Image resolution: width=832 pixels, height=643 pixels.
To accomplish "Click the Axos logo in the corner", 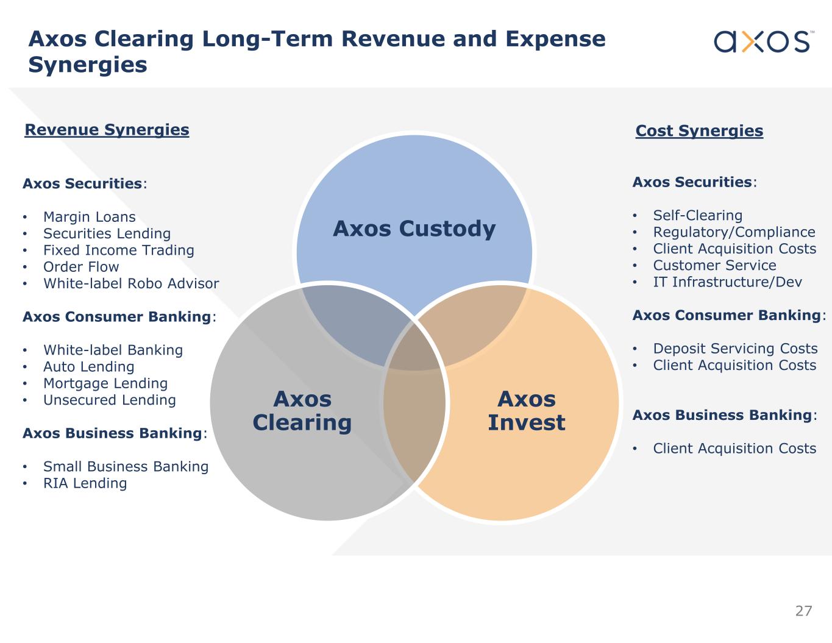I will pyautogui.click(x=762, y=41).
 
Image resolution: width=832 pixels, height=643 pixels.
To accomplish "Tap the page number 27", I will pyautogui.click(x=803, y=611).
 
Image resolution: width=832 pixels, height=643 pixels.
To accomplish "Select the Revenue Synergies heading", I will pyautogui.click(x=107, y=130).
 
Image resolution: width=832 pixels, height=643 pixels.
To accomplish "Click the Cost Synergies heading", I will pyautogui.click(x=699, y=131).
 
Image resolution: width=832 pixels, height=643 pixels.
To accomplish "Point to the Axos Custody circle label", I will pyautogui.click(x=414, y=229).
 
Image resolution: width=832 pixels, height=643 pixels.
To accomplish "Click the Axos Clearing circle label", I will pyautogui.click(x=302, y=410).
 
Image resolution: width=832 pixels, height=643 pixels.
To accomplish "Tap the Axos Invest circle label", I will pyautogui.click(x=526, y=410).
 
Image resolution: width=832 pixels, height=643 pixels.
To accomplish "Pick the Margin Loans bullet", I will pyautogui.click(x=89, y=217).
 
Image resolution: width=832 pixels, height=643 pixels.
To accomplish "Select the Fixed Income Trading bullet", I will pyautogui.click(x=118, y=250).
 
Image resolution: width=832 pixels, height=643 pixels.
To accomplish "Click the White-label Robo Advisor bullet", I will pyautogui.click(x=130, y=283).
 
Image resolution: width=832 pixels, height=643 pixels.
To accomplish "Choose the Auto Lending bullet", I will pyautogui.click(x=88, y=367).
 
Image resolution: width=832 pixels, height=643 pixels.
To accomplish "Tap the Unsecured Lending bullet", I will pyautogui.click(x=109, y=400).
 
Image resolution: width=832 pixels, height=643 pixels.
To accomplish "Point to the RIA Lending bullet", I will pyautogui.click(x=85, y=483).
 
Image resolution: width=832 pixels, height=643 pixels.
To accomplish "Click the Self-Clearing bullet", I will pyautogui.click(x=697, y=216).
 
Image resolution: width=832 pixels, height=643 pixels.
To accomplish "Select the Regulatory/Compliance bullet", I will pyautogui.click(x=734, y=232).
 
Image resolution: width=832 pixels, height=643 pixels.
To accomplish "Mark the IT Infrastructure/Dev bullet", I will pyautogui.click(x=727, y=282).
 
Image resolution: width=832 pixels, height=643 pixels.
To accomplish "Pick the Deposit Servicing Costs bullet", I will pyautogui.click(x=735, y=349).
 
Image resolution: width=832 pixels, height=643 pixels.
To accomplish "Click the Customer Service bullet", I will pyautogui.click(x=714, y=266).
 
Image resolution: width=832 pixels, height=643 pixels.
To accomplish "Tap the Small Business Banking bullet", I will pyautogui.click(x=126, y=467).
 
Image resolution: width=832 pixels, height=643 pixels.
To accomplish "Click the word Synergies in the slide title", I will pyautogui.click(x=88, y=65).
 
